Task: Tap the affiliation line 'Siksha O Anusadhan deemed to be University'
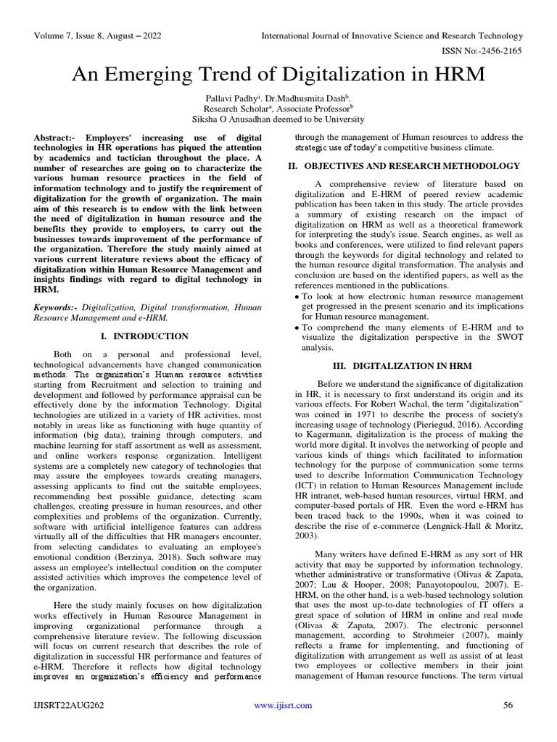278,119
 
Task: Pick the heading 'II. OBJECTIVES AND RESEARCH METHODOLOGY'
406,166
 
